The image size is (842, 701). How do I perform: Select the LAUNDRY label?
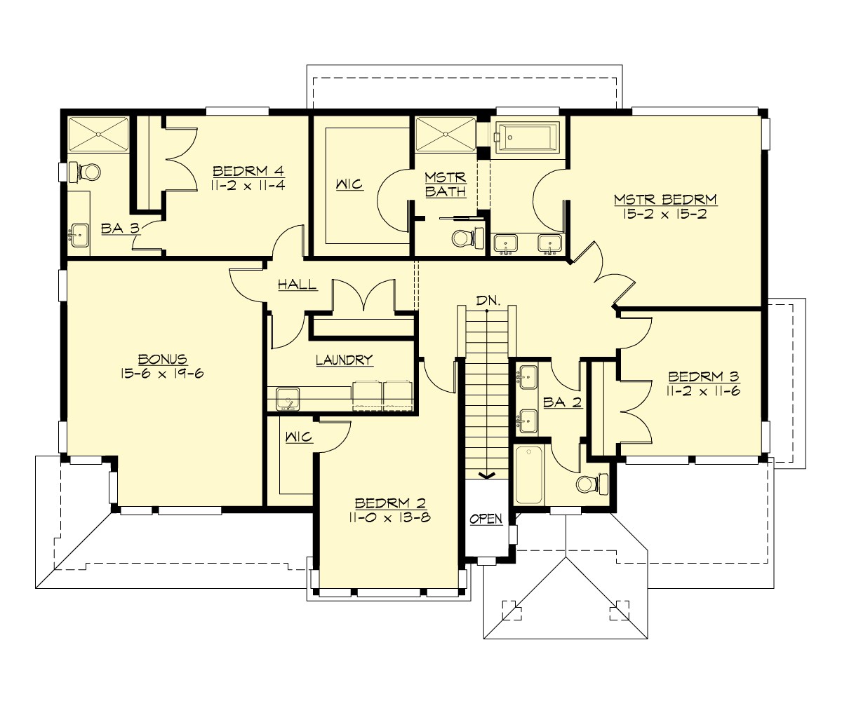(x=344, y=360)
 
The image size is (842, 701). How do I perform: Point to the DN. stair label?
(x=488, y=301)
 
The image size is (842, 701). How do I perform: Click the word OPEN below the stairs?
(x=486, y=519)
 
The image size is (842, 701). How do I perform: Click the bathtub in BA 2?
(x=528, y=475)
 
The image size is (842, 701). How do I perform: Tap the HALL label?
(x=297, y=285)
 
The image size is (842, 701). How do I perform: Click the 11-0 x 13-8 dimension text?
(x=388, y=517)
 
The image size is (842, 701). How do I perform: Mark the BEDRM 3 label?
(x=699, y=376)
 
